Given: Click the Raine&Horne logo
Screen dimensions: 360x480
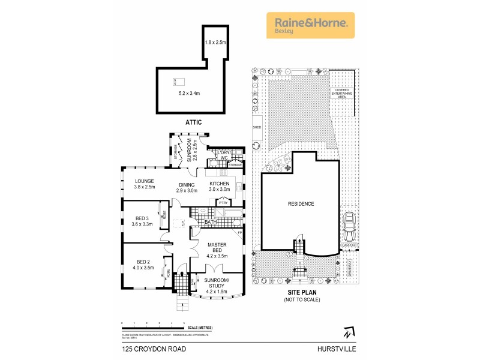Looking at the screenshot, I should tap(310, 25).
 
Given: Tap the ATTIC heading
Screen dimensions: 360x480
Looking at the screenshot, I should tap(193, 122).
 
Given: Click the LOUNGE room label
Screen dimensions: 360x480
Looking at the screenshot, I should tap(145, 181).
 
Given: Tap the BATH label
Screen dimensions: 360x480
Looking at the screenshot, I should tap(210, 222).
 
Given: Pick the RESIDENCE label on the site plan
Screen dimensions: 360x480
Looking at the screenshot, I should tap(301, 204).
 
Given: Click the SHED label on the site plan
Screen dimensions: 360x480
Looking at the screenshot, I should tap(255, 127).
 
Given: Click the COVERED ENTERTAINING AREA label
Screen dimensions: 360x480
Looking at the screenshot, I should tap(344, 95).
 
